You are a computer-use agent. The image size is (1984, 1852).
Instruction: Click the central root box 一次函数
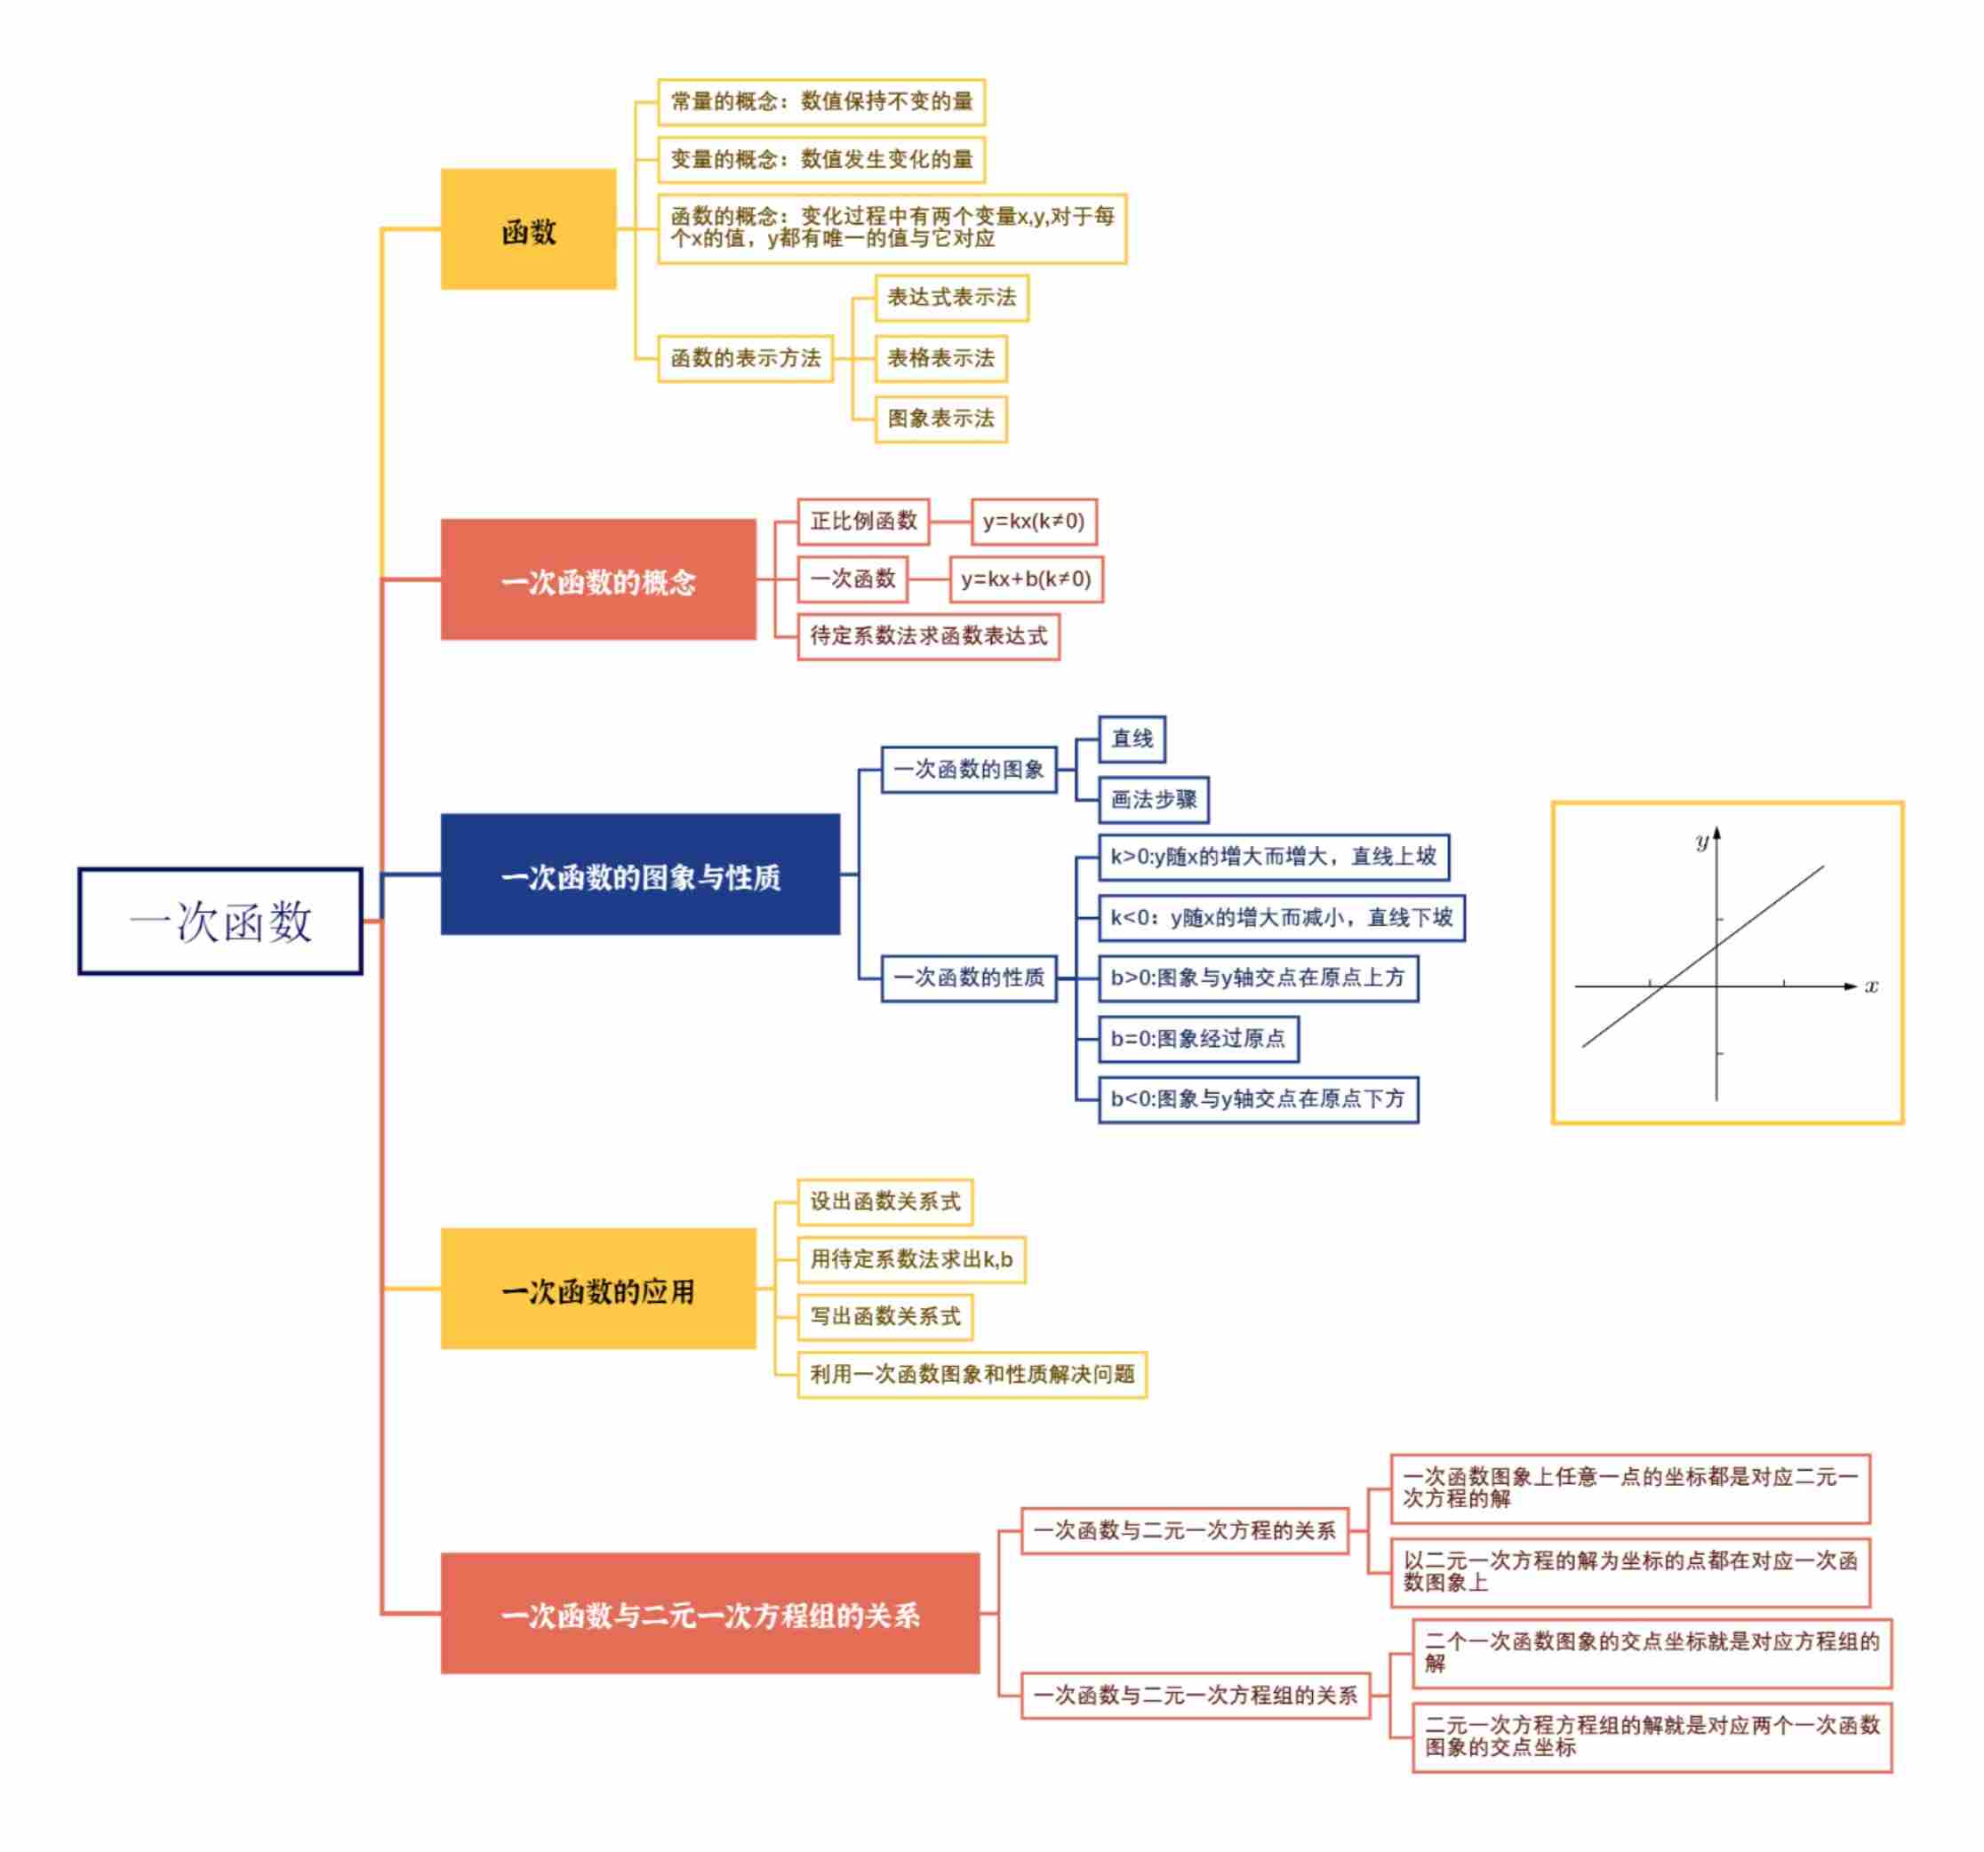coord(220,920)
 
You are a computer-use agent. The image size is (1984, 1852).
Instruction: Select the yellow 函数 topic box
coord(528,229)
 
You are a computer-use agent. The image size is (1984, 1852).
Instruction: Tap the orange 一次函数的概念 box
coord(598,579)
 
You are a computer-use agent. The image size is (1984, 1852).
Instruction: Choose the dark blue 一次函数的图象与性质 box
coord(640,874)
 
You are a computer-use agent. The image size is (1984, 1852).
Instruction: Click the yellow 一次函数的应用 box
coord(598,1289)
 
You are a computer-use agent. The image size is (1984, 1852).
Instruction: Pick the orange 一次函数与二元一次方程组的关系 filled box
coord(709,1614)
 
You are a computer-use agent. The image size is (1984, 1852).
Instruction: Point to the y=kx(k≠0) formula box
coord(1033,522)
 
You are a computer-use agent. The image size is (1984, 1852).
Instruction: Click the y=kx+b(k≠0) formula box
coord(1026,579)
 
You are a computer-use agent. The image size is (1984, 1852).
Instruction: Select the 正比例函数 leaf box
coord(863,522)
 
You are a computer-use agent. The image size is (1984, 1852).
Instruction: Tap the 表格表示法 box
coord(940,358)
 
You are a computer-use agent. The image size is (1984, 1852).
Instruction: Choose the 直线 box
coord(1132,738)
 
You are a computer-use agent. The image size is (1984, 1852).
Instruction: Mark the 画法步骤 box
coord(1154,799)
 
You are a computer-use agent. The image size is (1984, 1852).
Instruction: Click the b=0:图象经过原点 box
coord(1197,1039)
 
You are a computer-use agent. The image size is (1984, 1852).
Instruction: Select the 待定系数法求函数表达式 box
coord(928,636)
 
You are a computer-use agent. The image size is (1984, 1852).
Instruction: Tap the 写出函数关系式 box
coord(884,1317)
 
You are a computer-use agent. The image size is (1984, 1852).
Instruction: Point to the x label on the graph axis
coord(1871,986)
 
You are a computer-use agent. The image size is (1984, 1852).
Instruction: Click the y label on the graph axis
coord(1701,842)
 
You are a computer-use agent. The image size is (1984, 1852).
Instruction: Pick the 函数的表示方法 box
coord(745,358)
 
